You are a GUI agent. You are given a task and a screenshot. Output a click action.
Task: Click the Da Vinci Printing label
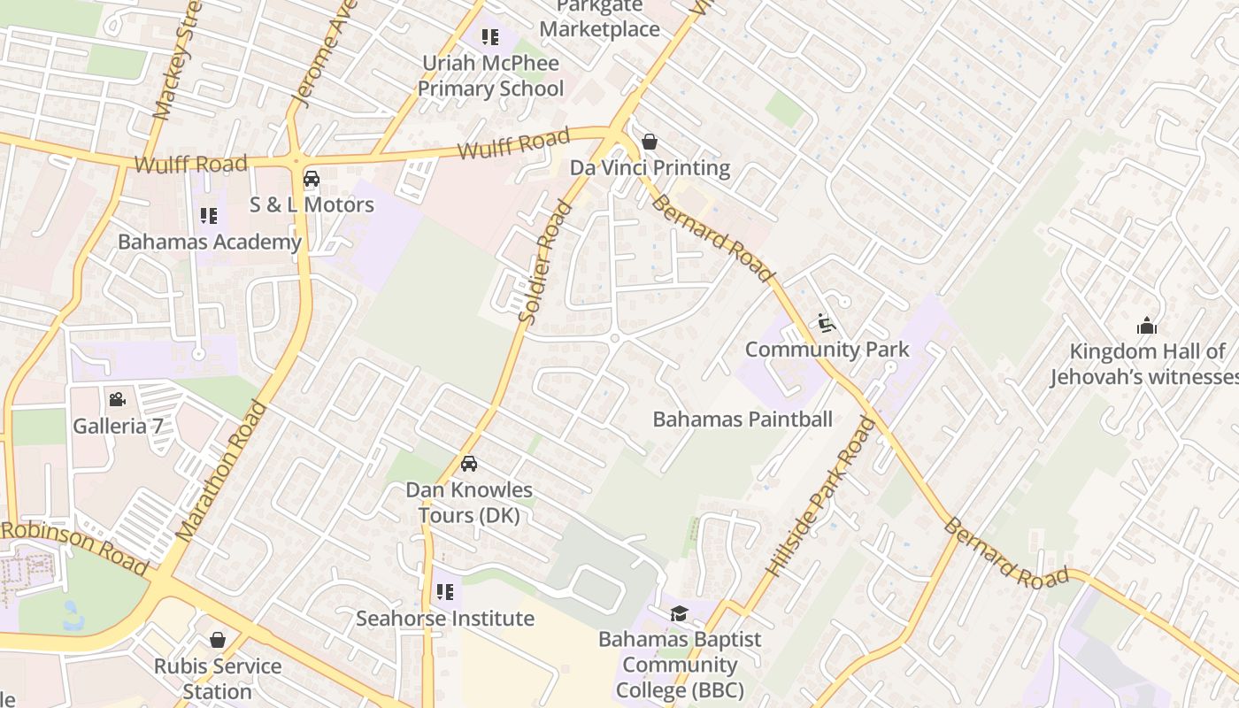click(x=650, y=168)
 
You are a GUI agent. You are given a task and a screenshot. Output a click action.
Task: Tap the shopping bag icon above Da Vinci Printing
click(x=650, y=142)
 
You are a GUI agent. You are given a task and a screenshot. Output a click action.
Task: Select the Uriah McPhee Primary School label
click(x=490, y=76)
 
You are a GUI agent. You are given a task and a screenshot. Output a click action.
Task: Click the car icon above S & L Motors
click(x=312, y=179)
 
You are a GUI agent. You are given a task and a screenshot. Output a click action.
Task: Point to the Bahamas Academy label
click(x=210, y=242)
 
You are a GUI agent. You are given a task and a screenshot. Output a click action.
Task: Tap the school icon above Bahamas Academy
click(x=209, y=216)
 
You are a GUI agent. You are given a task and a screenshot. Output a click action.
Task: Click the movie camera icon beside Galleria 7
click(x=117, y=400)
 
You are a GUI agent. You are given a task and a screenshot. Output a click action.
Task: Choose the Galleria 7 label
click(x=118, y=426)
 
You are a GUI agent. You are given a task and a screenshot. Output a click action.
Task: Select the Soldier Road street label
click(x=543, y=262)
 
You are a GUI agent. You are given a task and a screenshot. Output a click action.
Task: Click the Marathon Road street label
click(x=221, y=471)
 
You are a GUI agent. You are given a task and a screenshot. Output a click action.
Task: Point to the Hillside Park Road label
click(x=820, y=497)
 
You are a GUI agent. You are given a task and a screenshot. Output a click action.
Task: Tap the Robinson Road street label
click(x=74, y=547)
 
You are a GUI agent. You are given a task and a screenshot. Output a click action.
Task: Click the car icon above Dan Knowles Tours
click(x=469, y=464)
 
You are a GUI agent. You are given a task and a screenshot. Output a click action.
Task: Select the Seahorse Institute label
click(x=445, y=618)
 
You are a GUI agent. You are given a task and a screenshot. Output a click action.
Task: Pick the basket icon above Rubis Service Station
click(x=218, y=640)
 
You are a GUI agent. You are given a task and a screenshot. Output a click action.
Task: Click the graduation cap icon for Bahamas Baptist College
click(x=679, y=613)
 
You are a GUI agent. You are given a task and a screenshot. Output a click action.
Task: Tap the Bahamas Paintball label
click(x=743, y=419)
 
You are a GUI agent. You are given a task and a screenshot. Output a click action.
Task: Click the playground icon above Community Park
click(x=827, y=323)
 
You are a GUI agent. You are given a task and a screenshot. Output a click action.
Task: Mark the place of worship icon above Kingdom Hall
click(x=1147, y=326)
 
